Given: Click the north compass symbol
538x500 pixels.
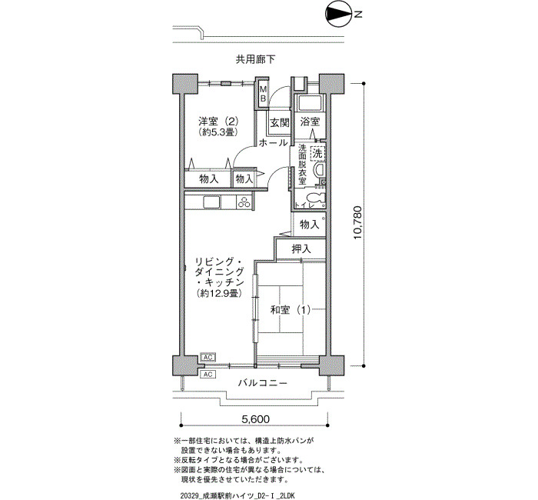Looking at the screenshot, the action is pyautogui.click(x=338, y=14).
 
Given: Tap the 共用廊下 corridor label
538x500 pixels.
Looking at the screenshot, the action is pyautogui.click(x=255, y=59).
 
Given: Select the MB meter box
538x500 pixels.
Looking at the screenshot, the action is pyautogui.click(x=263, y=93).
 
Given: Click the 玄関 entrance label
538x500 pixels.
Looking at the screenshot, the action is pyautogui.click(x=280, y=122).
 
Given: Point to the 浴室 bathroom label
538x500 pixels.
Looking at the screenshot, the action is pyautogui.click(x=310, y=122).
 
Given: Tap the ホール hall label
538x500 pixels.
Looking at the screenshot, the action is pyautogui.click(x=273, y=143).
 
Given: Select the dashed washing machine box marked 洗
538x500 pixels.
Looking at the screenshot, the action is pyautogui.click(x=317, y=153).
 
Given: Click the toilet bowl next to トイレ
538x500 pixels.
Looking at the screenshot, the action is pyautogui.click(x=316, y=198).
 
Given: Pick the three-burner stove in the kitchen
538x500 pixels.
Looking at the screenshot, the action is pyautogui.click(x=244, y=202).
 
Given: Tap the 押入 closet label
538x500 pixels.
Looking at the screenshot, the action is pyautogui.click(x=301, y=248).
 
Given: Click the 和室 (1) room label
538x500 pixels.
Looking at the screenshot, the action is pyautogui.click(x=291, y=310).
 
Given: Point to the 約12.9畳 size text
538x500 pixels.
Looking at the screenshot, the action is pyautogui.click(x=220, y=293).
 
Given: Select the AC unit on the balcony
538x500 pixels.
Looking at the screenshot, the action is pyautogui.click(x=208, y=374).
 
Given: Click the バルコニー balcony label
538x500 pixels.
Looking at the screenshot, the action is pyautogui.click(x=263, y=382).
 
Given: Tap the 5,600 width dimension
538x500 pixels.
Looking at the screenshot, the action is pyautogui.click(x=256, y=419).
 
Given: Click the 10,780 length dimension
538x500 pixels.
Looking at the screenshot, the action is pyautogui.click(x=357, y=222).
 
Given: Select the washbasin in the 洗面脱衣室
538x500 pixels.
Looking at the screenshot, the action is pyautogui.click(x=320, y=170).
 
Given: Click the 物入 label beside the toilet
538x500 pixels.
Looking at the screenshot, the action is pyautogui.click(x=310, y=225).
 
